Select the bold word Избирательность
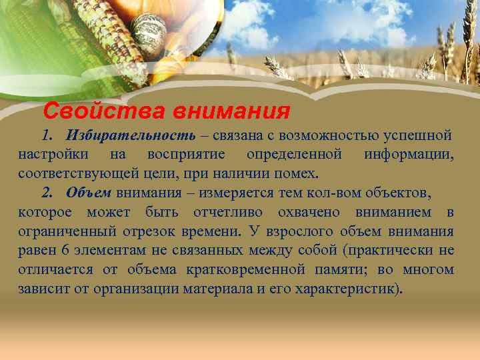click(x=131, y=136)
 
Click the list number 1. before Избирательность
click(x=47, y=136)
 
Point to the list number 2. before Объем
click(x=47, y=193)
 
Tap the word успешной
click(x=418, y=136)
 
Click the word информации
click(x=409, y=155)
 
